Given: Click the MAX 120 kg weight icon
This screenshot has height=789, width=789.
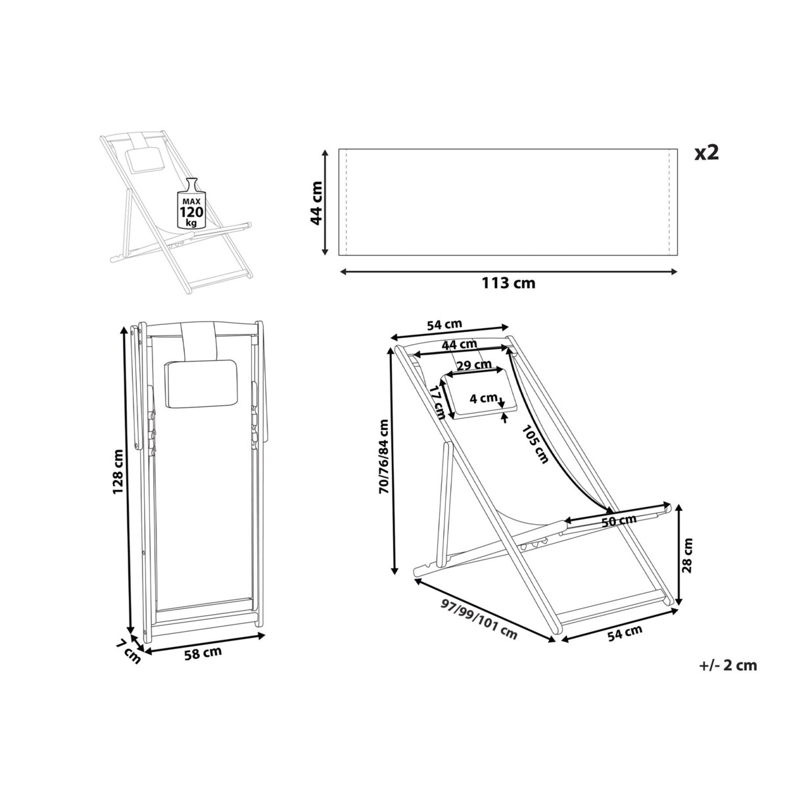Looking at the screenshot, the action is point(191,203).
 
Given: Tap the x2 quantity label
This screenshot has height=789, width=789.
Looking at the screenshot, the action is point(707,153).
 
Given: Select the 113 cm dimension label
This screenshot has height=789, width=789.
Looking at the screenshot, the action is point(508,283).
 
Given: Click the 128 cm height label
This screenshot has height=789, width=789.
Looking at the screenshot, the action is point(118,471).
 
